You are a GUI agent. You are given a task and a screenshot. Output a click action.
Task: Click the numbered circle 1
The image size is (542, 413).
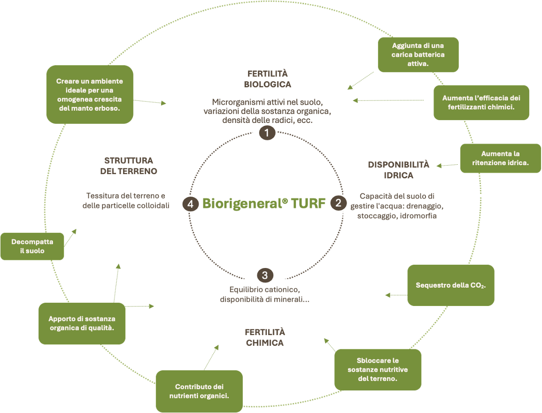tap(267, 133)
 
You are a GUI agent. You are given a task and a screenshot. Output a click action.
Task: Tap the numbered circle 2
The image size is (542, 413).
tap(338, 204)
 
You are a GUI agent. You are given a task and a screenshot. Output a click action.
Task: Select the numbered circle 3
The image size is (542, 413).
tap(265, 275)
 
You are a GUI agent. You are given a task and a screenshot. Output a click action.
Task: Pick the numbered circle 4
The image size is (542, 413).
tap(190, 204)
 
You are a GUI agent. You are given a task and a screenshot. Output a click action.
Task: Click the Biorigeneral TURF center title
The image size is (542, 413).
tap(263, 204)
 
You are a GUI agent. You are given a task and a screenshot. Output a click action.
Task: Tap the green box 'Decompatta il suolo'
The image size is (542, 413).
tap(32, 246)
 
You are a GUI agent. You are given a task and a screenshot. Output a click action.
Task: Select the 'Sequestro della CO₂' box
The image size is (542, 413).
tap(450, 285)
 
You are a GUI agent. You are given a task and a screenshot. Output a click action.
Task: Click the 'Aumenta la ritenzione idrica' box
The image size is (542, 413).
tap(500, 159)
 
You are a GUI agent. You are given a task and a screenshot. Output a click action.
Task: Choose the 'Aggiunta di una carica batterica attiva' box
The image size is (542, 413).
tap(418, 54)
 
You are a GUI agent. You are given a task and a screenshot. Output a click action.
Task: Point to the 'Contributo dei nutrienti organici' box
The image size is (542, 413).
tap(199, 392)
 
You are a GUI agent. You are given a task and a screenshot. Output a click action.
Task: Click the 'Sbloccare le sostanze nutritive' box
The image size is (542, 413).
tap(378, 369)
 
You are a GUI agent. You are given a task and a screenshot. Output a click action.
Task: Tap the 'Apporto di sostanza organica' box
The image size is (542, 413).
tap(82, 323)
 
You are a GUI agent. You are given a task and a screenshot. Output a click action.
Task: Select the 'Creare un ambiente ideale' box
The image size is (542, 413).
tap(89, 94)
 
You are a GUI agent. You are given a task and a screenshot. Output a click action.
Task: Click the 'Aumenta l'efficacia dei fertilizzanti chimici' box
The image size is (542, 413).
tap(481, 102)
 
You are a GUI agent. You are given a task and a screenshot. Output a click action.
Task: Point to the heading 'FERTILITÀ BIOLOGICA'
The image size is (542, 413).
tap(267, 79)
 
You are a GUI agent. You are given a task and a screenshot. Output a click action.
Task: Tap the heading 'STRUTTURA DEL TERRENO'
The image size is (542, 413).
tap(128, 166)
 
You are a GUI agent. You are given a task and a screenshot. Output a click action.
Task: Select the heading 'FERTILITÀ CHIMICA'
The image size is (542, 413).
tap(265, 337)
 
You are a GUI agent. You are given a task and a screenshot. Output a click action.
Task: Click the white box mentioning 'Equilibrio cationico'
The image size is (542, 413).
tap(265, 299)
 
